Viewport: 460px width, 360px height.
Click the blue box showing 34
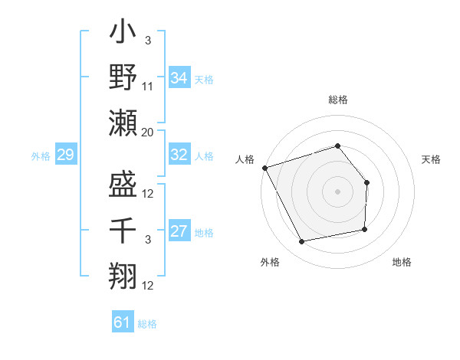[x=179, y=78]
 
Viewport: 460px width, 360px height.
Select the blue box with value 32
[x=179, y=155]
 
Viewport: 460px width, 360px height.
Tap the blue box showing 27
[x=179, y=231]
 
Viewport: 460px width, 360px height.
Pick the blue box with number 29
[x=65, y=155]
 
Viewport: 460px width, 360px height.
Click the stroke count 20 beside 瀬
[x=148, y=133]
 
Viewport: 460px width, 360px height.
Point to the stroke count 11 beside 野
[x=148, y=89]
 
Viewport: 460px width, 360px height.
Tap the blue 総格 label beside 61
[x=147, y=324]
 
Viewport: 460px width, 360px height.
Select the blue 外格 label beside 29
[x=41, y=156]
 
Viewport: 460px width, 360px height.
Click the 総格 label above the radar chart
[x=337, y=100]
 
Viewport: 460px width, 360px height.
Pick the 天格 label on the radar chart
[x=432, y=159]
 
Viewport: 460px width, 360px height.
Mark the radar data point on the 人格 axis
[x=264, y=167]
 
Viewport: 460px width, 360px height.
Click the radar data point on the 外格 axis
[x=301, y=242]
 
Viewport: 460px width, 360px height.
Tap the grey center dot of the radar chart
[x=337, y=191]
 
